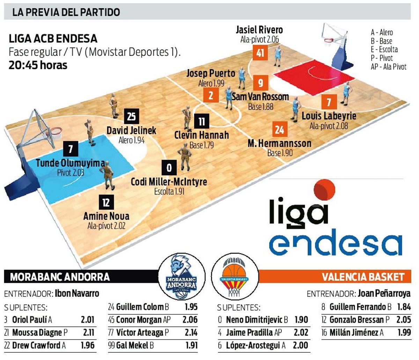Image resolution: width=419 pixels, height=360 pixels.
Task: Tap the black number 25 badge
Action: pos(131,116)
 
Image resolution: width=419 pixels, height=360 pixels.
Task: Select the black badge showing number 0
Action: pos(169,168)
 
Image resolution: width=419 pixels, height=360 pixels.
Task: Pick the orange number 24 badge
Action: pos(279,130)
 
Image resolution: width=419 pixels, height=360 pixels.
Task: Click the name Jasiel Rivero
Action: pos(259,30)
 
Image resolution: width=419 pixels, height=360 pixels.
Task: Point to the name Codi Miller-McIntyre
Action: pos(169,182)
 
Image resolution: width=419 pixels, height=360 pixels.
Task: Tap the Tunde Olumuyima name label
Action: pos(71,163)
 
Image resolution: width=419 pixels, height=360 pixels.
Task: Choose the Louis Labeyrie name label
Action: pos(329,116)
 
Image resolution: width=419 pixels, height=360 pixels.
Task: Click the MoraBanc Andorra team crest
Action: pos(181,278)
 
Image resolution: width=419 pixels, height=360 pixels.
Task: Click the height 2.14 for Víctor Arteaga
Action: pos(191,332)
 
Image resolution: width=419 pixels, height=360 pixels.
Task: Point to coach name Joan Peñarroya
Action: pos(384,294)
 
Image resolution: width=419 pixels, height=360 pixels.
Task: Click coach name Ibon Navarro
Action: pos(77,294)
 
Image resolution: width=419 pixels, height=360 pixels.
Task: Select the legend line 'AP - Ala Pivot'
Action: pos(389,66)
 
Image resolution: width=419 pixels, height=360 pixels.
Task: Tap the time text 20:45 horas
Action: pos(38,65)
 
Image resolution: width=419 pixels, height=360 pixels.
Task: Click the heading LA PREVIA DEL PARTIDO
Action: pos(66,12)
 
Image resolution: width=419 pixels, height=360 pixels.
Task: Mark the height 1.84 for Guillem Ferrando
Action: pos(404,307)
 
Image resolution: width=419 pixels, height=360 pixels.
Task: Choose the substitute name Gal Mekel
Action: pos(132,345)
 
